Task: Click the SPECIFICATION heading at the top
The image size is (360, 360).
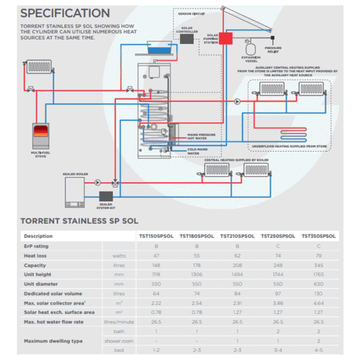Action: pos(65,13)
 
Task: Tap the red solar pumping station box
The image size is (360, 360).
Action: pos(226,38)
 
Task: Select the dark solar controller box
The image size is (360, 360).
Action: pos(187,38)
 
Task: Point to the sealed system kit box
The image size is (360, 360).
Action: pos(106,196)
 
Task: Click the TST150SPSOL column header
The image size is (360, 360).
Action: pos(156,236)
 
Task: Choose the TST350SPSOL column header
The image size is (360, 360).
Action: pos(319,236)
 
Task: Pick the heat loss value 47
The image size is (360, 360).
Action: pos(156,255)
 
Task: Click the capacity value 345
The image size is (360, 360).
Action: pos(319,265)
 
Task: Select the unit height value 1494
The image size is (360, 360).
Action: pos(238,274)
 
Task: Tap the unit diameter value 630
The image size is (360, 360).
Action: pos(319,283)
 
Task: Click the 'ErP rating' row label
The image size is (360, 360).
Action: pos(37,246)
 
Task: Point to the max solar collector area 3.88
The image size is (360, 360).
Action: pos(278,302)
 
